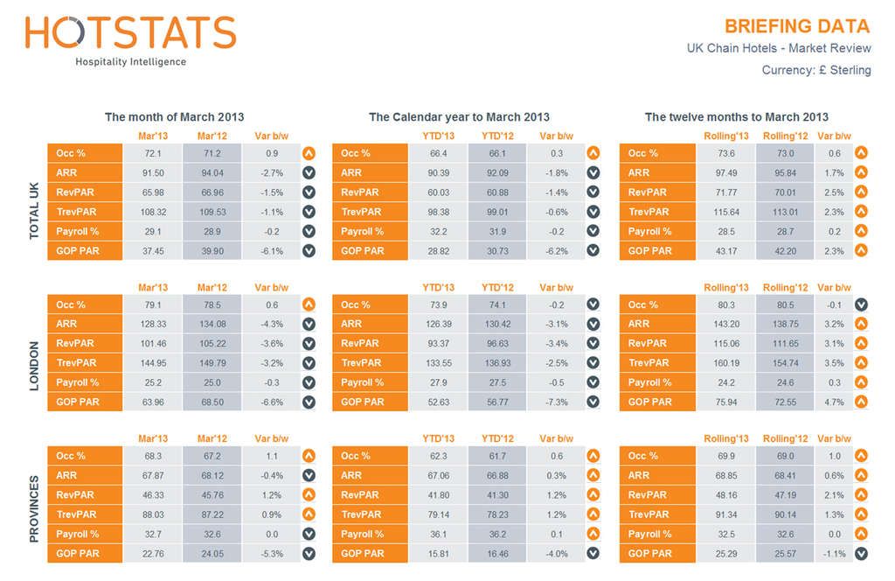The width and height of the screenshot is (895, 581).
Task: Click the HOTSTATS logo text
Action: click(131, 32)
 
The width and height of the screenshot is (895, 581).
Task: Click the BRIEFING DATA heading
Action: click(797, 26)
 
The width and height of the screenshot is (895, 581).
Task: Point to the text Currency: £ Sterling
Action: click(815, 70)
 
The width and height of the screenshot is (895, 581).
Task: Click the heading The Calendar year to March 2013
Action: click(459, 116)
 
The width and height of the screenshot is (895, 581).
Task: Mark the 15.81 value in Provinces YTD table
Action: click(440, 553)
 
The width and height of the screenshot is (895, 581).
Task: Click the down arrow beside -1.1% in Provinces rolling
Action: click(861, 553)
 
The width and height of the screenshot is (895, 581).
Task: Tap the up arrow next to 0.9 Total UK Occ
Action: click(309, 153)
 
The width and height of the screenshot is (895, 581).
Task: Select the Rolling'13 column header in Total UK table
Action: click(725, 136)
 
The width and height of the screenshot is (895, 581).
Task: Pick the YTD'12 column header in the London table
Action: click(497, 287)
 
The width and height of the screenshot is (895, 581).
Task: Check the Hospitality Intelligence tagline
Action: click(130, 62)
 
